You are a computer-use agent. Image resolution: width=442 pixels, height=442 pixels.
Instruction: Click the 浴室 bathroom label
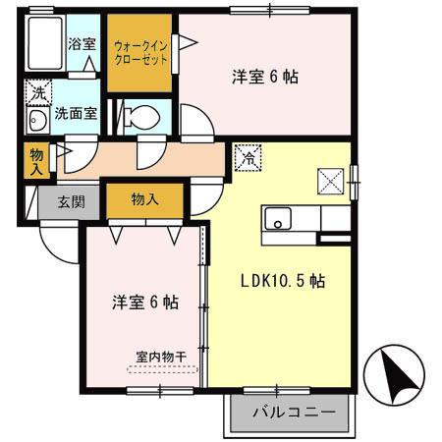[81, 45]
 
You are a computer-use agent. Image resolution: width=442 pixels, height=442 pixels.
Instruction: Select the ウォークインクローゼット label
[140, 52]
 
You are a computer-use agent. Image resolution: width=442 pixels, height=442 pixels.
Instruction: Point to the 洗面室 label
[75, 113]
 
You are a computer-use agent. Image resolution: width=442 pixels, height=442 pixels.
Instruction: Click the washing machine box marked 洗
[37, 91]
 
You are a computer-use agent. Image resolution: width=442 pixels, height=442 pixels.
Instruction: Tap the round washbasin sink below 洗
[38, 121]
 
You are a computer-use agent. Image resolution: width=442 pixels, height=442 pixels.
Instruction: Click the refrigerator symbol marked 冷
[248, 156]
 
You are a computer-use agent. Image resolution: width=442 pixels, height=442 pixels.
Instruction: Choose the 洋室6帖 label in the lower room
[143, 303]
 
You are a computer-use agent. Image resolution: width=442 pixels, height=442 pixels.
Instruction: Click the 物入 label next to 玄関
[144, 199]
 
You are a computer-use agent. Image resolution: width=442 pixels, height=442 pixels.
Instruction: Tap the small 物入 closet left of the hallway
[35, 160]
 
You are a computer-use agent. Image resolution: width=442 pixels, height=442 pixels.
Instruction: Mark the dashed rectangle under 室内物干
[162, 370]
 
